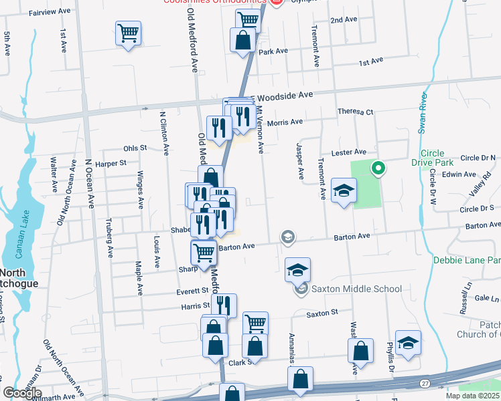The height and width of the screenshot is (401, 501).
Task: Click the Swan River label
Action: point(423,114)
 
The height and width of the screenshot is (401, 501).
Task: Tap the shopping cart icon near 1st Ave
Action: point(128,33)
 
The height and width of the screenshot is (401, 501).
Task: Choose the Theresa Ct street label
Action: point(355,112)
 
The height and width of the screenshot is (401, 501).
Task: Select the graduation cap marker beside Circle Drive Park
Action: point(344,190)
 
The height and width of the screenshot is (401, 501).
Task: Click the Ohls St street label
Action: point(135,148)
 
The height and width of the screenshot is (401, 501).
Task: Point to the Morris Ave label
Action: point(285,122)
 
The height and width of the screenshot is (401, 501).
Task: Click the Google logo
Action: point(22,392)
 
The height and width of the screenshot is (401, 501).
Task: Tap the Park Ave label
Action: point(273,51)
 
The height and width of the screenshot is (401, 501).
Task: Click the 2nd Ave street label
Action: point(344,20)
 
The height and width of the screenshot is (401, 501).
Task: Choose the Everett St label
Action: point(193,291)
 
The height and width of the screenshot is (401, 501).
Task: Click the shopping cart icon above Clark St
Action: point(255,323)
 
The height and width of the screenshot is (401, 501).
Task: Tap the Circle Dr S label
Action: point(477,209)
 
